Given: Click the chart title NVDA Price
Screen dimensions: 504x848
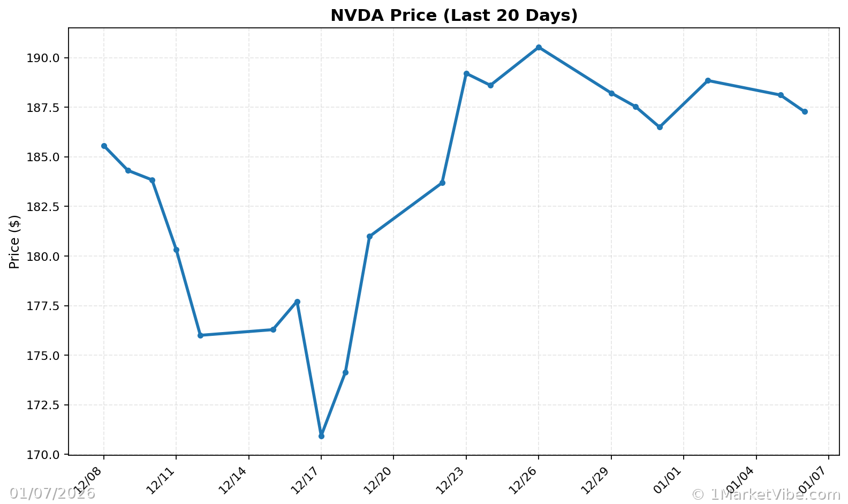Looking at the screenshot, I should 454,16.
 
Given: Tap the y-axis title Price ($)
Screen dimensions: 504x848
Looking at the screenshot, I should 15,242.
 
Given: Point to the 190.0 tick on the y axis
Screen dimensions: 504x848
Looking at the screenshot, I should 48,58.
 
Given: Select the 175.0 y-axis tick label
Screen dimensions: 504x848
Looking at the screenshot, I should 48,356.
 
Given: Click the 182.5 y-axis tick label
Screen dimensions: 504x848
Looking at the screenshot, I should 48,207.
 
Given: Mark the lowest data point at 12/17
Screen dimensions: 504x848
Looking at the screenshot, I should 321,436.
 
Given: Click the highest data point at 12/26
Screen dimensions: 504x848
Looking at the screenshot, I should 539,47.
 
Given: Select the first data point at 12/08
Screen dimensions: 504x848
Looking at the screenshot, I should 104,146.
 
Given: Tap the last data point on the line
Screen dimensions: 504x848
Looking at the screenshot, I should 805,111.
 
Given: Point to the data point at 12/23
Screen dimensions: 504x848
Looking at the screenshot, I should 466,73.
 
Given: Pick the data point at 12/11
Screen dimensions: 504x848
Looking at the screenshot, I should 176,250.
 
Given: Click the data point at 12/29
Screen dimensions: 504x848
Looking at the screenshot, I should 611,93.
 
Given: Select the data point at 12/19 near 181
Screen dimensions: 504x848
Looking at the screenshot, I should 369,236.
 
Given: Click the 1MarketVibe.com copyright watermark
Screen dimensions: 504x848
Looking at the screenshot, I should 766,494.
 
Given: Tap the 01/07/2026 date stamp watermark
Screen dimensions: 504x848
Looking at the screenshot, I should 52,493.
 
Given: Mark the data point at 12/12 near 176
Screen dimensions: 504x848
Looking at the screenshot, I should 200,335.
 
